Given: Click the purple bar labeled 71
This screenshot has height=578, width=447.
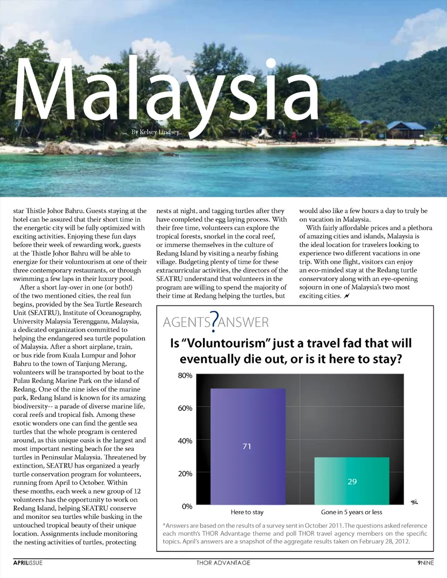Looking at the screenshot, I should click(x=248, y=419).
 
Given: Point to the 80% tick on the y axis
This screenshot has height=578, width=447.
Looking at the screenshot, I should click(x=185, y=376).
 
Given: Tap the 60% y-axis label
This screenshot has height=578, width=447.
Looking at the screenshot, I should click(x=185, y=408).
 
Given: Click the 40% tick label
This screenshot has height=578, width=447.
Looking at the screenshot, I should click(x=185, y=441).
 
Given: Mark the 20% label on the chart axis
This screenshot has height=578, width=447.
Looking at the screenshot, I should click(x=185, y=474).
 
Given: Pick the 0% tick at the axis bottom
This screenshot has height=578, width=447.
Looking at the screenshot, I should click(x=187, y=506).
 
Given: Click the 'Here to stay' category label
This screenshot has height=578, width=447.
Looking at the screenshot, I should click(x=247, y=512).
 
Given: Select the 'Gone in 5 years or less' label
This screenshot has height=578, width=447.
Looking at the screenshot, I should click(x=352, y=512).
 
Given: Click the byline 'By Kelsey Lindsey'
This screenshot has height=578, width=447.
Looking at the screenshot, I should click(x=155, y=132).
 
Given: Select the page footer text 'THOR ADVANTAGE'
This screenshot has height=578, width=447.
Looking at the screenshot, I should click(x=223, y=563).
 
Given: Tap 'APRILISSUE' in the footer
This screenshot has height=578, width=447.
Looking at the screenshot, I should click(x=28, y=563).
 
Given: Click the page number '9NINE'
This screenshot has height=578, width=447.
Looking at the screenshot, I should click(x=425, y=563).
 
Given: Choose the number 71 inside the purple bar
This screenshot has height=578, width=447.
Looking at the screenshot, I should click(x=247, y=446).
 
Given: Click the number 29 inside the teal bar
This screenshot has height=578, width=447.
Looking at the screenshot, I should click(x=352, y=482).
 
